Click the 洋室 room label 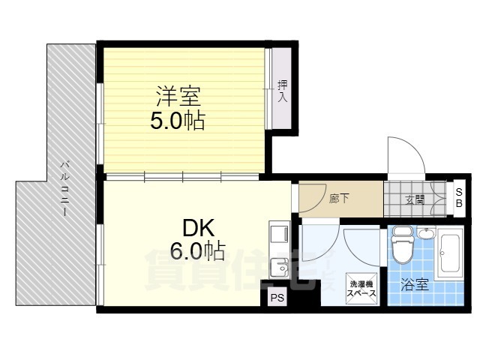pos(178,97)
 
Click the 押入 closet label pos(283,91)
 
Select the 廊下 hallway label pos(340,199)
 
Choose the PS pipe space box pos(277,298)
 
